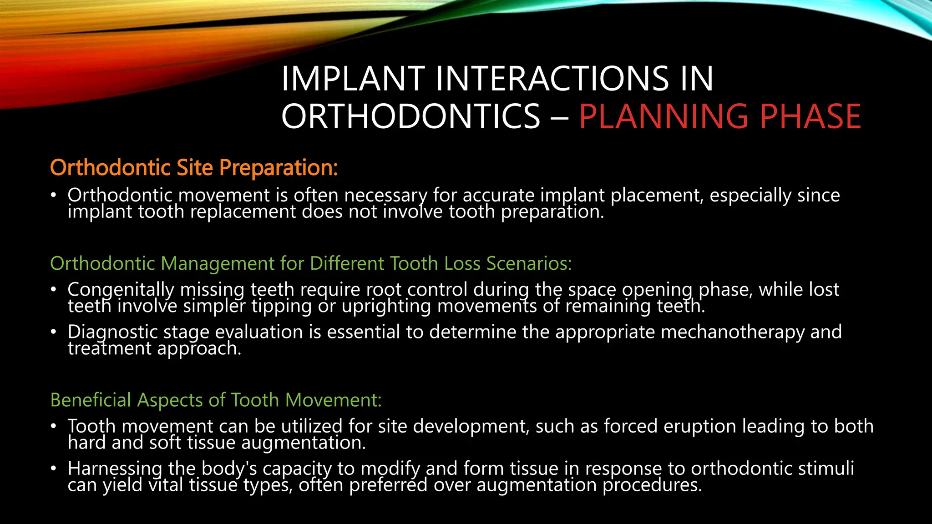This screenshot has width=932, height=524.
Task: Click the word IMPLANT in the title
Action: pyautogui.click(x=353, y=79)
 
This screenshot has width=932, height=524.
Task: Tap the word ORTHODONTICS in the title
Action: pyautogui.click(x=410, y=116)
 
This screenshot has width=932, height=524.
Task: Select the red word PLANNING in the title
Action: pyautogui.click(x=664, y=116)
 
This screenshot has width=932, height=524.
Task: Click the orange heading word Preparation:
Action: pyautogui.click(x=279, y=167)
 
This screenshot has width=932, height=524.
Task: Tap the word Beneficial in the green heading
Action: pyautogui.click(x=91, y=400)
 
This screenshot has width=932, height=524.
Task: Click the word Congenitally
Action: pyautogui.click(x=121, y=290)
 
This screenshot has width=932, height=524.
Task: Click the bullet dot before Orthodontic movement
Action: pyautogui.click(x=54, y=195)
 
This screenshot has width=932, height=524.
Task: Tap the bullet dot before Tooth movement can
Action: pyautogui.click(x=54, y=426)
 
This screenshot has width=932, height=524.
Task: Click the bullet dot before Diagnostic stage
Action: pyautogui.click(x=54, y=332)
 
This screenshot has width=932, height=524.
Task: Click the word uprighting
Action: pyautogui.click(x=386, y=306)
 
